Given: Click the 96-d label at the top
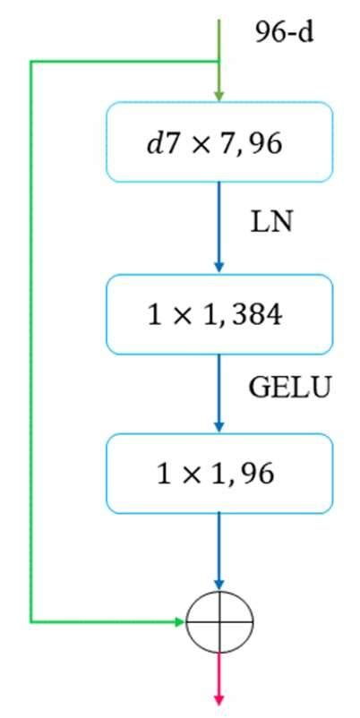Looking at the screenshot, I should click(x=284, y=36).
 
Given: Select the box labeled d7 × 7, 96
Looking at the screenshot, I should click(x=219, y=142).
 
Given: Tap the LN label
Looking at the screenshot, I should click(x=271, y=221).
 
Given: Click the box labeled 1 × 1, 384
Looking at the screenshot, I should click(x=219, y=314).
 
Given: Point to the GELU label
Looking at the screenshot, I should click(x=288, y=388).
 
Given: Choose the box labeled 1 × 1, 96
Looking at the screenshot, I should click(x=219, y=473).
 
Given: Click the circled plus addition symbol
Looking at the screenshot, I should click(x=219, y=620).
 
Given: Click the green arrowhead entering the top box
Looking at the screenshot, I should click(x=219, y=96).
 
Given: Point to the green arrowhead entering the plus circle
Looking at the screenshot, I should click(x=179, y=620).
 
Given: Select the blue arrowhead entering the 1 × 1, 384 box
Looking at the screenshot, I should click(x=219, y=268).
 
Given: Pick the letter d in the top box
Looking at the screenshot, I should click(x=154, y=143).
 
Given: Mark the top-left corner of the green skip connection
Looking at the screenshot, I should click(x=31, y=62).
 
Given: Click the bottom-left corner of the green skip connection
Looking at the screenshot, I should click(x=31, y=620).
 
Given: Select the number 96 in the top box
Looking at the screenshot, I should click(x=265, y=143).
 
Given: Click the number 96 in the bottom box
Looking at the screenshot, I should click(x=257, y=474).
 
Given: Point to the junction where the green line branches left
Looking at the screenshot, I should click(x=219, y=62).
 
